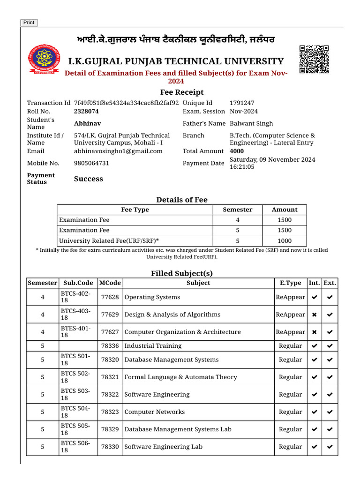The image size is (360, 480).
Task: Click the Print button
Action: click(x=29, y=22)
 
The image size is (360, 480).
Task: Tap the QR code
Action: click(x=314, y=60)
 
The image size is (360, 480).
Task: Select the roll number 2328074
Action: click(x=86, y=112)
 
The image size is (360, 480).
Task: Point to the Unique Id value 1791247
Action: click(x=242, y=103)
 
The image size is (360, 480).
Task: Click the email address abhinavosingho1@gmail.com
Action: click(x=118, y=151)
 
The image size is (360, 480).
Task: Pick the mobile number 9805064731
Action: click(x=91, y=163)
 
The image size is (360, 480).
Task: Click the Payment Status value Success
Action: click(x=89, y=179)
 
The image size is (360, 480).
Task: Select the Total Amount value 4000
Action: click(x=237, y=151)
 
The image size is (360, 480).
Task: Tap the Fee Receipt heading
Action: click(x=182, y=92)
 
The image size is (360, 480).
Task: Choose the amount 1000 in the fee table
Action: click(x=284, y=240)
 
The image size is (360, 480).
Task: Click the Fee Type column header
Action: click(x=135, y=210)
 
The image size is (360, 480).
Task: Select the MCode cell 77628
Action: click(x=110, y=297)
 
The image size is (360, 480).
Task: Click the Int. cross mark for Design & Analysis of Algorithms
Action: click(x=314, y=315)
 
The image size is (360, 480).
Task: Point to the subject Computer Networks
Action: click(x=154, y=412)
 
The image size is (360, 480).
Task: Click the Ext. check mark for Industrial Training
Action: click(x=330, y=346)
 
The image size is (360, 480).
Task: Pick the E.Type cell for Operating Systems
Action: click(x=290, y=297)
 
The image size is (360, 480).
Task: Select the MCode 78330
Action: click(x=110, y=447)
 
